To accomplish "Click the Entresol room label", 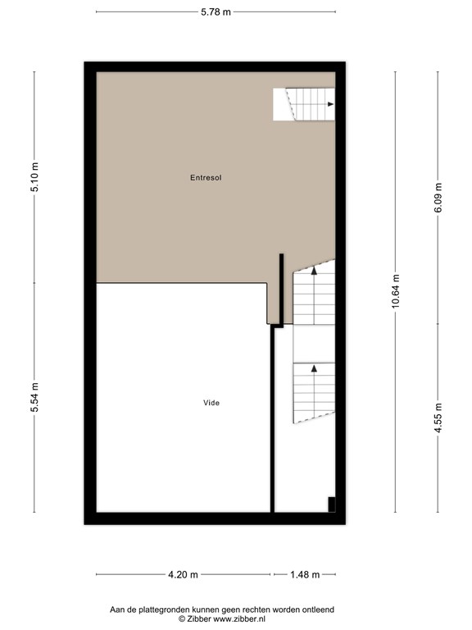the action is (206, 177).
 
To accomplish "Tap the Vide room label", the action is (211, 403).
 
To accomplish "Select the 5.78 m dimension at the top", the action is (216, 12).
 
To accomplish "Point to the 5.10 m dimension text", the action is (35, 177).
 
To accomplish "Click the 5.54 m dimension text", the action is (35, 397).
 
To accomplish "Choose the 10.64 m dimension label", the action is (396, 291).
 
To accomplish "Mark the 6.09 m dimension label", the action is (438, 198).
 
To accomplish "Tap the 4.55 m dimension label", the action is (438, 418).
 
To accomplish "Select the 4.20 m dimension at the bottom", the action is (183, 575).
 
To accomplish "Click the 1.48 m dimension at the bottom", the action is (305, 575).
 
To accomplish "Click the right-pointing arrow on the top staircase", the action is (330, 104).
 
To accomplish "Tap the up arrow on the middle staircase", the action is (315, 271).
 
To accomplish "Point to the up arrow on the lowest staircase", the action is (315, 367).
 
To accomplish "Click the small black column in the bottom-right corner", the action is (332, 504).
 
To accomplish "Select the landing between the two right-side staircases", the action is (314, 344).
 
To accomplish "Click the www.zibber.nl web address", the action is (238, 619).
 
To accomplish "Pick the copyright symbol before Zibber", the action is (182, 619).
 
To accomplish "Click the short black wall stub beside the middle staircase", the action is (281, 290).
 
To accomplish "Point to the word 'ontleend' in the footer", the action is (318, 609).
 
